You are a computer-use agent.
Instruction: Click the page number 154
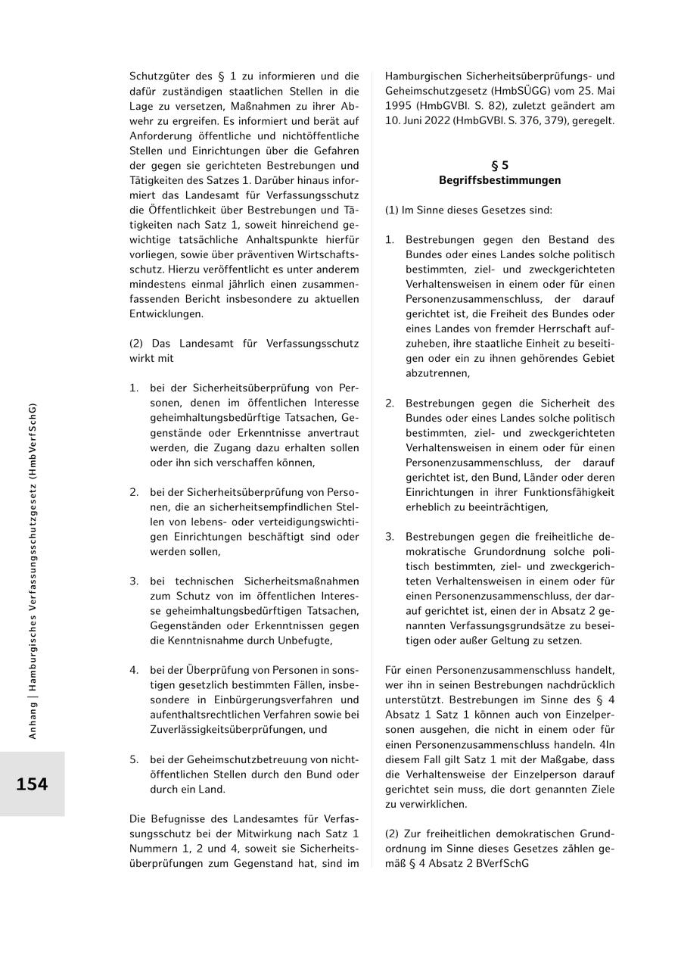pos(32,784)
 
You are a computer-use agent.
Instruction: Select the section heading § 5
pos(500,165)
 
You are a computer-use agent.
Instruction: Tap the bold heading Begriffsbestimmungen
pos(500,180)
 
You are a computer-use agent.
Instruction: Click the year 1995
pos(400,106)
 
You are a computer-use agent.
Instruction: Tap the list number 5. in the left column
pos(134,759)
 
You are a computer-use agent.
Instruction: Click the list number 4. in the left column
pos(134,670)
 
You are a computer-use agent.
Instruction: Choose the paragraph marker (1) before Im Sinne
pos(391,210)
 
